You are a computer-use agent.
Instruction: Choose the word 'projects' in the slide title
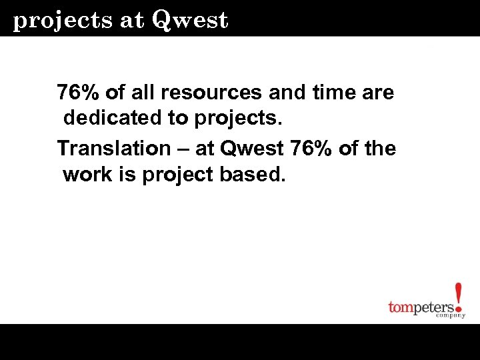[x=63, y=21]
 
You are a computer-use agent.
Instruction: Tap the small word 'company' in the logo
[x=451, y=315]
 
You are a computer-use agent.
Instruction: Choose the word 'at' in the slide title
[x=133, y=21]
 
